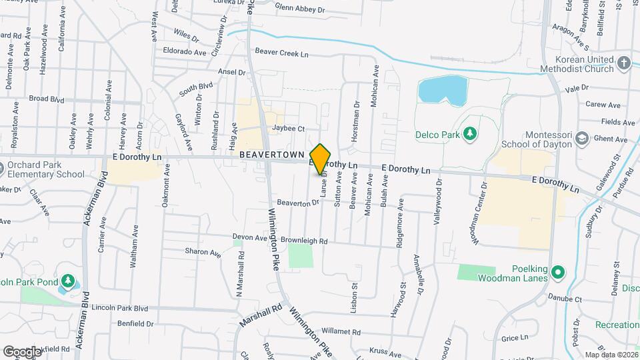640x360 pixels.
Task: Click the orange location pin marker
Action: (321, 158)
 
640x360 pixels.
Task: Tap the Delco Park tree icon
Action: (471, 134)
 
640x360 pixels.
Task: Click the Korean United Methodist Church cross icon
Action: (623, 63)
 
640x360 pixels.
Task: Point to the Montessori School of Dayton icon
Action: (582, 138)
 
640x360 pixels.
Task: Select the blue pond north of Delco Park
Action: (442, 91)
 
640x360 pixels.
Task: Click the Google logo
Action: (23, 351)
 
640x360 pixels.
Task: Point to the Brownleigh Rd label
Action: (305, 241)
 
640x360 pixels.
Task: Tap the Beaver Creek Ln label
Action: (282, 53)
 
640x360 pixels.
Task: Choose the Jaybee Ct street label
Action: (288, 129)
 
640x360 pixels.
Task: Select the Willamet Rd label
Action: (340, 331)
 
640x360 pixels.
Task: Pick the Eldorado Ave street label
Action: (184, 51)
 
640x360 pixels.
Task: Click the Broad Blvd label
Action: (47, 98)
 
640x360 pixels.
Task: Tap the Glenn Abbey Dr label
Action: (299, 9)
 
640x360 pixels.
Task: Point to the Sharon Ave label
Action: (203, 253)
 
